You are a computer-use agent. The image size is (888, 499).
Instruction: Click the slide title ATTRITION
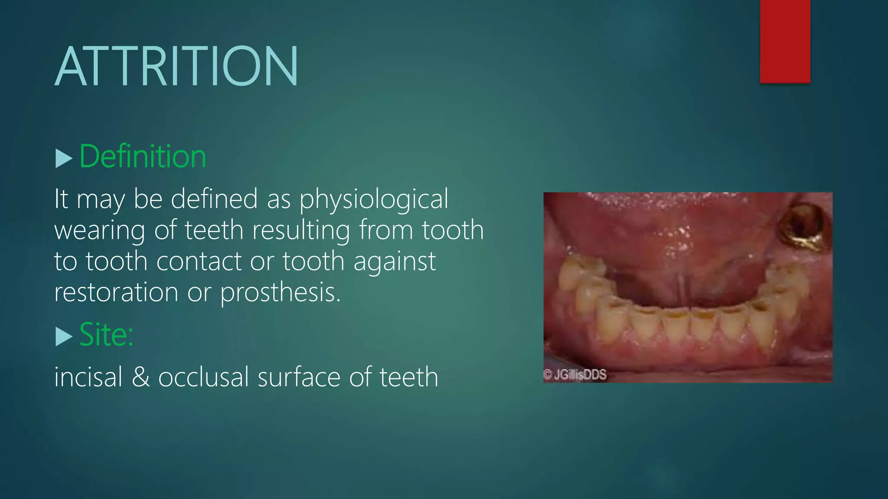[x=176, y=66]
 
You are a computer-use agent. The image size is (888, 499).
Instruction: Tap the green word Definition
[x=143, y=156]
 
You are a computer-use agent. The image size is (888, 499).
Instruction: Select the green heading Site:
[x=106, y=334]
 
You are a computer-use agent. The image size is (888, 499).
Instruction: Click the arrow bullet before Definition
[x=64, y=159]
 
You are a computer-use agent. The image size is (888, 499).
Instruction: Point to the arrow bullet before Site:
[x=64, y=336]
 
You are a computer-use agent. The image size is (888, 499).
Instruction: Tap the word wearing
[x=99, y=230]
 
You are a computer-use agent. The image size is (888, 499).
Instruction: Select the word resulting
[x=301, y=230]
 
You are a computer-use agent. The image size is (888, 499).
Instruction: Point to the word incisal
[x=88, y=377]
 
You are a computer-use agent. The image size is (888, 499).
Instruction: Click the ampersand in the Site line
[x=140, y=377]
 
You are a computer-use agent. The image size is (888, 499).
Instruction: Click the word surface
[x=299, y=377]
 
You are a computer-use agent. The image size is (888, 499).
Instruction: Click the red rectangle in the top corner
[x=785, y=41]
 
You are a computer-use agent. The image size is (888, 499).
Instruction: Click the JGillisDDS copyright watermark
[x=575, y=375]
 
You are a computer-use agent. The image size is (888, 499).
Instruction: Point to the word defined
[x=214, y=199]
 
